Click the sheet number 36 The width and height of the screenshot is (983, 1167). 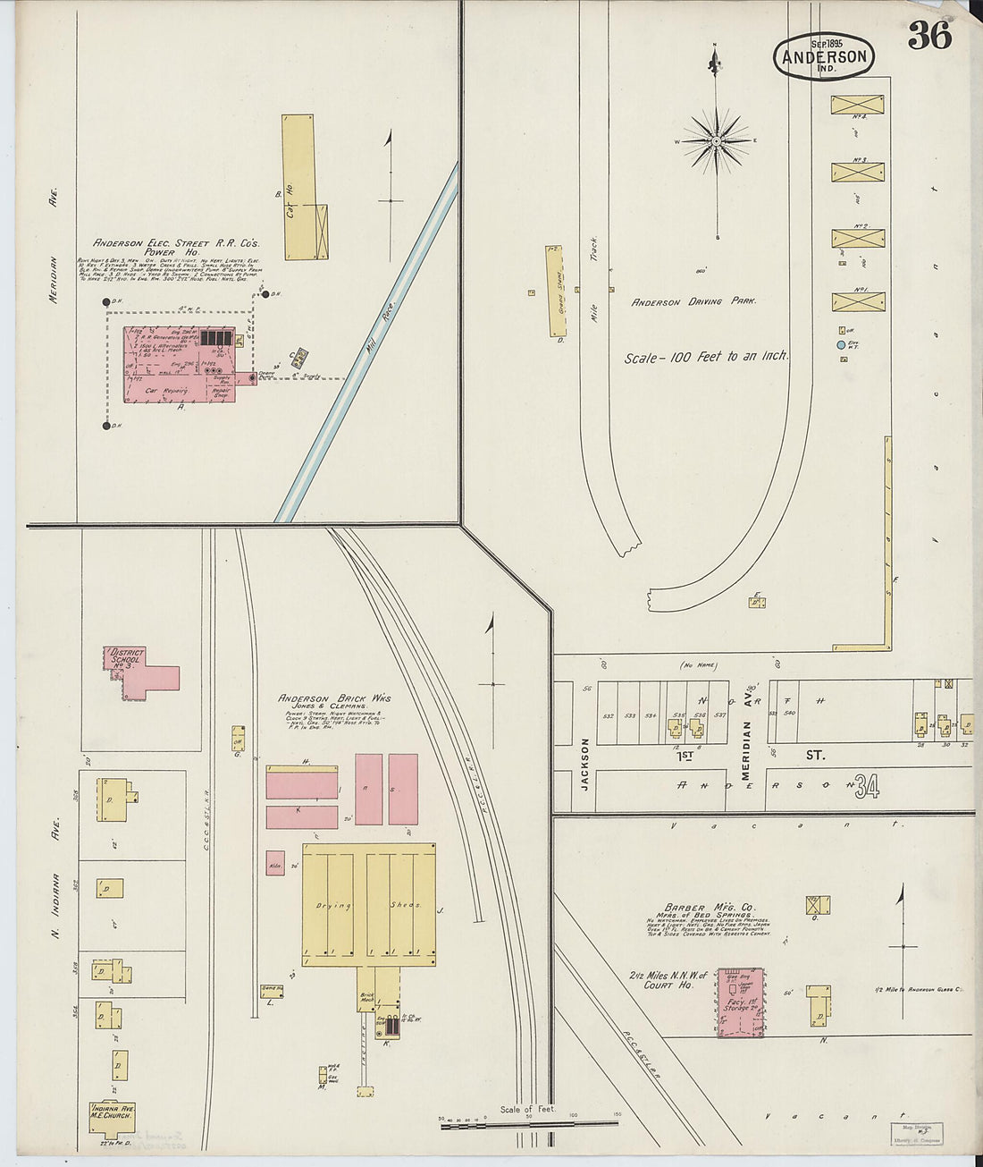click(929, 36)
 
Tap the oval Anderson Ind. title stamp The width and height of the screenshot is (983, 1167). click(823, 56)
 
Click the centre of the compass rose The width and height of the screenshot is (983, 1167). click(717, 141)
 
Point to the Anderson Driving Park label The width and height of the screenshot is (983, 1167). click(693, 301)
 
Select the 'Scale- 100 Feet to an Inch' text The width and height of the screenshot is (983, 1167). click(706, 356)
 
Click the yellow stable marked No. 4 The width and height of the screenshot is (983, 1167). click(858, 106)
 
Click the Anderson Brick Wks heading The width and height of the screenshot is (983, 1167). click(333, 698)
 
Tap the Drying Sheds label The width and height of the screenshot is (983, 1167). click(368, 905)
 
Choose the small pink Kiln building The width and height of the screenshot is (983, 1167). click(275, 863)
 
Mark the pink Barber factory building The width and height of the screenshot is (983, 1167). click(742, 1002)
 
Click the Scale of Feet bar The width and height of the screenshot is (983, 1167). click(528, 1124)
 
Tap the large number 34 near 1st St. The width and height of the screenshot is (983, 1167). click(865, 787)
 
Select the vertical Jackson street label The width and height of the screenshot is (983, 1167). click(584, 761)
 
